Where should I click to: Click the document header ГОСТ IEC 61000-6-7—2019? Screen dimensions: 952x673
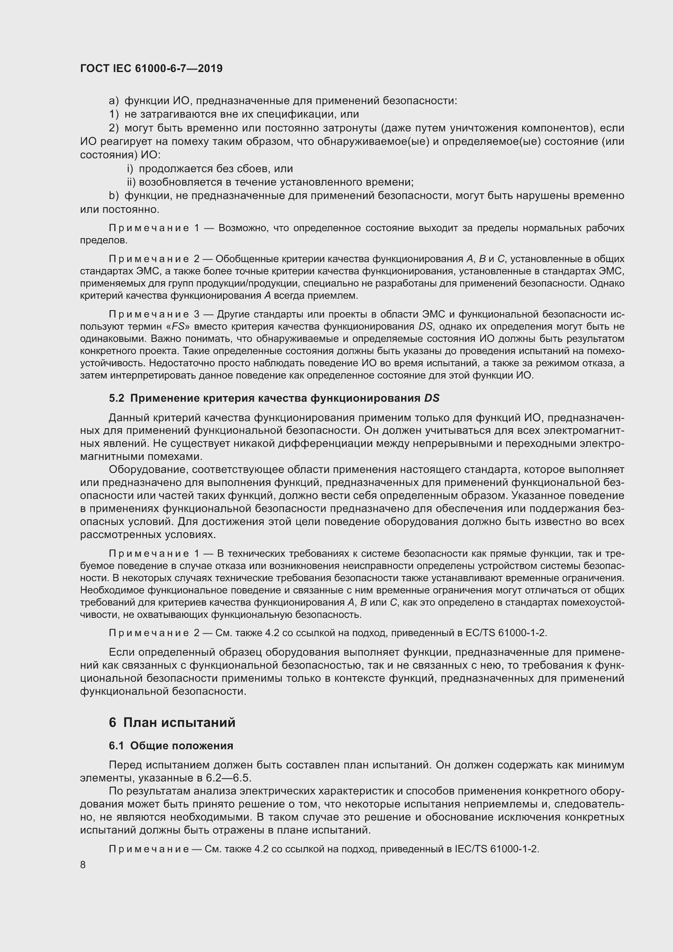pos(151,68)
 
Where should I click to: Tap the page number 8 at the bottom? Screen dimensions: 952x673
pos(83,864)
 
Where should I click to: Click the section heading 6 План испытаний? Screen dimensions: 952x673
pos(172,722)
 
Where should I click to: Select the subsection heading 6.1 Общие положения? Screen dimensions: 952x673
pos(171,746)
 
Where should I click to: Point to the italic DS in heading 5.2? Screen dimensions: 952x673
pos(431,398)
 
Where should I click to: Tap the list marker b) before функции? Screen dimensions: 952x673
pos(114,195)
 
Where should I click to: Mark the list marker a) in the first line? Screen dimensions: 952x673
pos(114,101)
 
